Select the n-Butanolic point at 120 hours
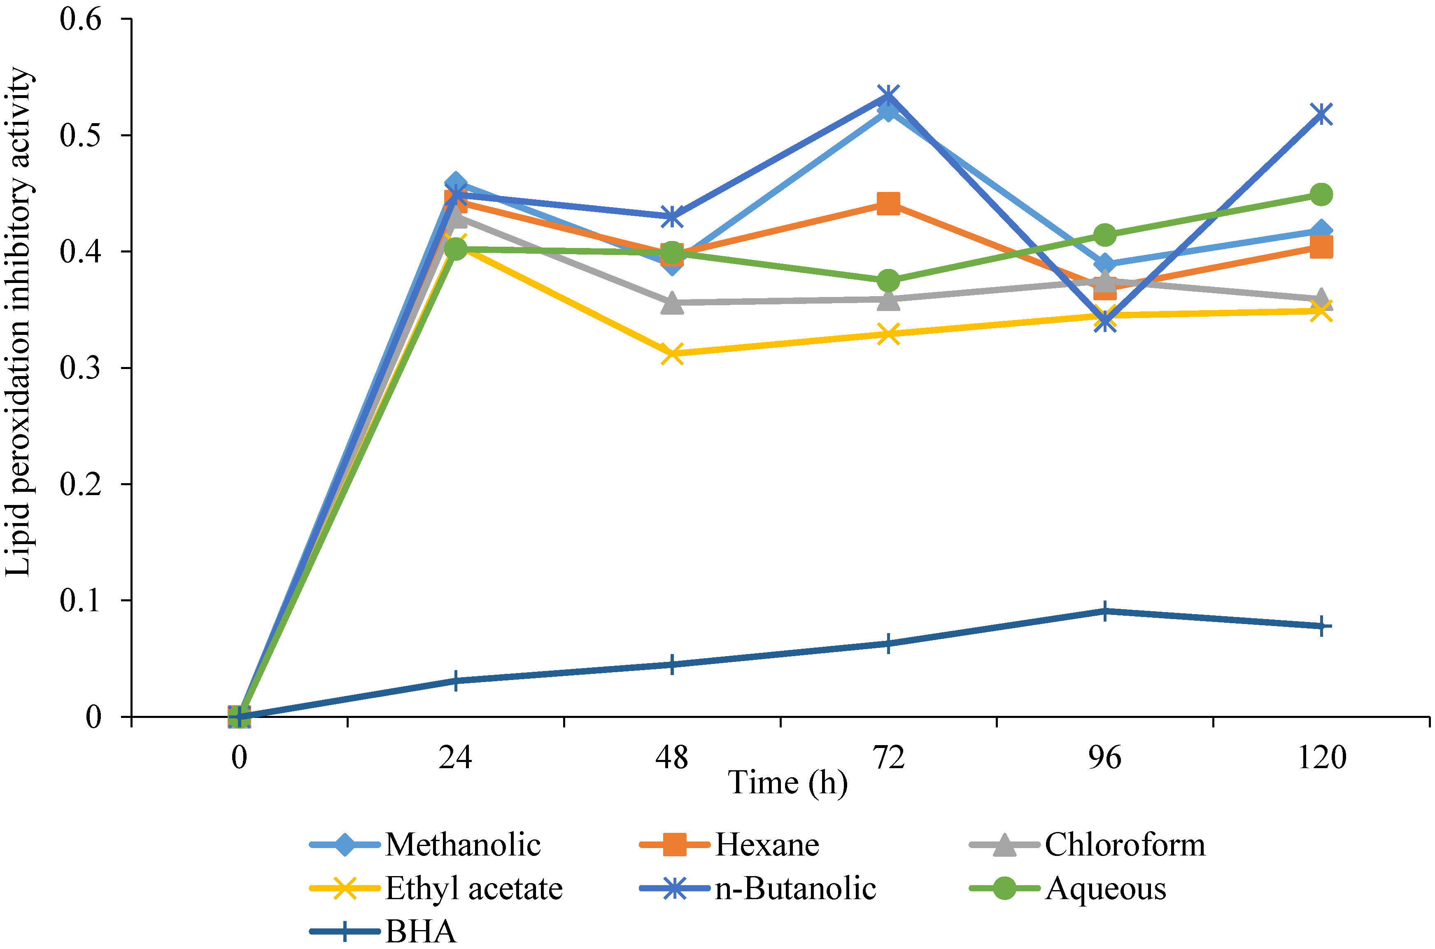pos(1321,114)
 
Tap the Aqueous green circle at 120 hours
pos(1321,194)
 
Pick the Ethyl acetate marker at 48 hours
pos(672,353)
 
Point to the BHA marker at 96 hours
pos(1104,611)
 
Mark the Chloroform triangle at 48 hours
pos(672,303)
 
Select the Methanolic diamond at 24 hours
pos(455,183)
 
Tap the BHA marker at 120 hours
pos(1321,626)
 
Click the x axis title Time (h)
pos(787,783)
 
